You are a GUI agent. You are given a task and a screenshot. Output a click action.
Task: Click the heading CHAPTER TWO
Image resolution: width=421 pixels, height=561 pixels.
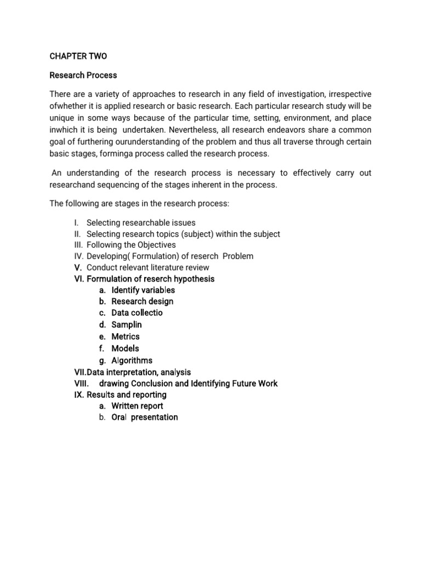78,56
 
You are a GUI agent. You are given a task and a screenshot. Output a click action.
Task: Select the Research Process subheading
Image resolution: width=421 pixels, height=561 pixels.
83,75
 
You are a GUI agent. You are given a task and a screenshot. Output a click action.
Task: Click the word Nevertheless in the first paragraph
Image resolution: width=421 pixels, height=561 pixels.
195,130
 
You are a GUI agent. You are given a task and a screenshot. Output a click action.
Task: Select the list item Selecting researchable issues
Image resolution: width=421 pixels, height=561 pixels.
141,222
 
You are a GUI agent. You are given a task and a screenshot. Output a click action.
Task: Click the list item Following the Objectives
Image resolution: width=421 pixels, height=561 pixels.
132,245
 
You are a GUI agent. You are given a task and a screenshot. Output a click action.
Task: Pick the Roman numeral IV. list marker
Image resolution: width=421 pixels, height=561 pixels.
79,256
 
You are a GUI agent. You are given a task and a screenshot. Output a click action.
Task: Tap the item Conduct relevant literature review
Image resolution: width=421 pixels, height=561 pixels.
148,267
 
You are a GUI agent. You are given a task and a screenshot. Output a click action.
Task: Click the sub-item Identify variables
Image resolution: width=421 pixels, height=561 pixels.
143,290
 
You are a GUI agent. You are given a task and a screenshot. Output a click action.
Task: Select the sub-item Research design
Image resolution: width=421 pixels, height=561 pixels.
143,301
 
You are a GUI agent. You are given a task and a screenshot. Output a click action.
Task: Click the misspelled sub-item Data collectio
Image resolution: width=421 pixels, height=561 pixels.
137,313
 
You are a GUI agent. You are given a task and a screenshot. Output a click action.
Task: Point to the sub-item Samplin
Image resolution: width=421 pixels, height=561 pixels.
127,325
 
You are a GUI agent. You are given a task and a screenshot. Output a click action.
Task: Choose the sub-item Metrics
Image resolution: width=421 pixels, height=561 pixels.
126,336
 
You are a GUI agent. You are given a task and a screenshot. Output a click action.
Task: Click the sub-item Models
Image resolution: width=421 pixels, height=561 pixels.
125,348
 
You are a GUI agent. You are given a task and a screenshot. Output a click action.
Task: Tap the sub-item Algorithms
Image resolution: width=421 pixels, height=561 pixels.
132,360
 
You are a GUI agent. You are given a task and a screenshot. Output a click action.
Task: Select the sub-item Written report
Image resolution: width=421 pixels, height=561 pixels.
137,406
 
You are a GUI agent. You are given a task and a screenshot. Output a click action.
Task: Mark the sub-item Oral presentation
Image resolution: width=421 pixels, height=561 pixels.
145,417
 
